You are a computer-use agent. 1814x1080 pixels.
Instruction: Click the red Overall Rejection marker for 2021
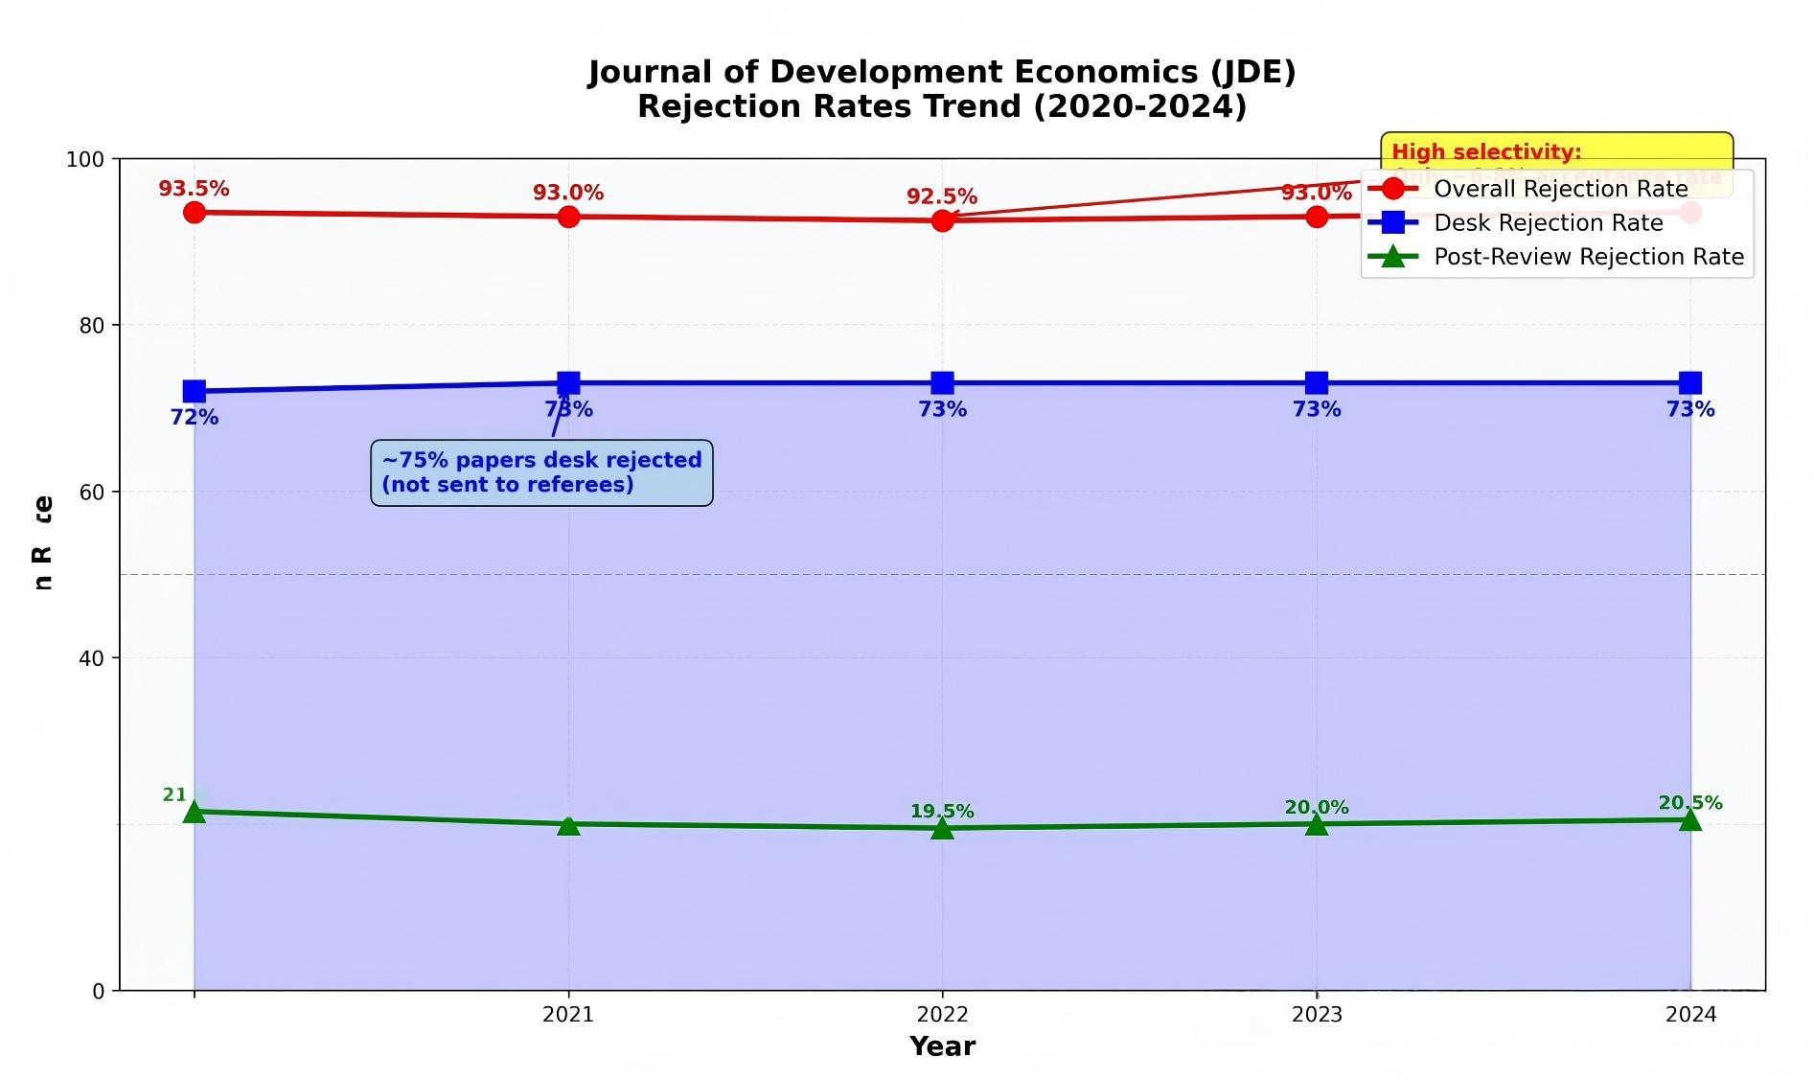click(x=568, y=217)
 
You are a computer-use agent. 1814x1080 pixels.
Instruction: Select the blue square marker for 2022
click(x=942, y=383)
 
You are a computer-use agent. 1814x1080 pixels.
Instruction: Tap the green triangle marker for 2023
click(x=1317, y=823)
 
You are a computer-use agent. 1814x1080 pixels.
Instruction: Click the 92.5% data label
click(x=942, y=196)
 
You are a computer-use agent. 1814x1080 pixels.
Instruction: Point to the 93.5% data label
click(x=194, y=189)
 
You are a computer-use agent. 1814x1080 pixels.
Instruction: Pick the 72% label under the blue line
click(x=195, y=418)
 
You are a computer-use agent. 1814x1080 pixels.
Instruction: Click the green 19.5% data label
click(x=942, y=812)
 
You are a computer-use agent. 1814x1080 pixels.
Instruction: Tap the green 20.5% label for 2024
click(x=1690, y=803)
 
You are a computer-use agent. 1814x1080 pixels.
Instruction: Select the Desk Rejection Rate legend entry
click(x=1548, y=223)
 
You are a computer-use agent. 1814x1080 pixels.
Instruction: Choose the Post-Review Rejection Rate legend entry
click(x=1588, y=257)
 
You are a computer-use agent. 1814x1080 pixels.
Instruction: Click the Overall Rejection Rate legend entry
click(x=1560, y=189)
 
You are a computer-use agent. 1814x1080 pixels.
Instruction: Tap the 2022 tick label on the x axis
click(x=942, y=1015)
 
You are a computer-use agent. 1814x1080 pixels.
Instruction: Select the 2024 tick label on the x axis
click(x=1690, y=1015)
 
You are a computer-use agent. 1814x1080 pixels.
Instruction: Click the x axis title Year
click(x=942, y=1046)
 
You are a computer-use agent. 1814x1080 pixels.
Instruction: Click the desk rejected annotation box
click(x=541, y=472)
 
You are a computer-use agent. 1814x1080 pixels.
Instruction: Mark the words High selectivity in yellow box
click(x=1485, y=151)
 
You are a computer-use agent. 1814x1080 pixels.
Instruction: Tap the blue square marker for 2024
click(x=1690, y=383)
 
